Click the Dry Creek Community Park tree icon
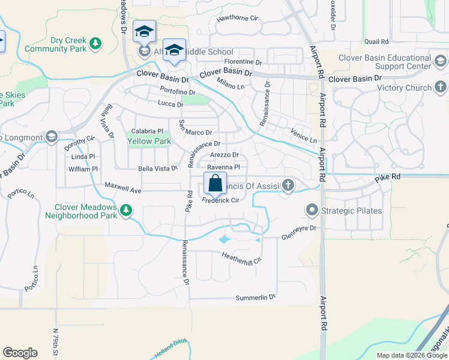click(95, 43)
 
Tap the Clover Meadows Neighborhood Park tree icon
click(125, 209)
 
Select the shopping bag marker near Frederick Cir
click(215, 183)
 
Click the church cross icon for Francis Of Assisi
click(288, 185)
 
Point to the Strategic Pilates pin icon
click(312, 210)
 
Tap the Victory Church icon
click(440, 88)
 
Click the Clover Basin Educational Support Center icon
click(440, 62)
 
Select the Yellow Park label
click(149, 142)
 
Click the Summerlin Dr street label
click(255, 298)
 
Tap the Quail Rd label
click(376, 41)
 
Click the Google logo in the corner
click(20, 353)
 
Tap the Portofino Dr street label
click(178, 91)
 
